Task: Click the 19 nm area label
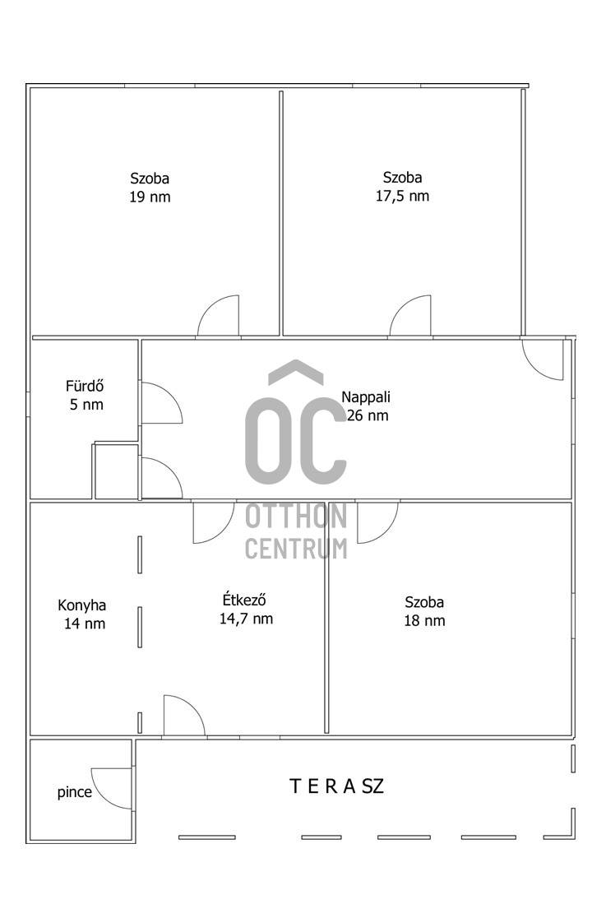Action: (x=150, y=197)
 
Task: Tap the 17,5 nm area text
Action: (x=402, y=196)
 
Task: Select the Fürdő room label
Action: (x=85, y=386)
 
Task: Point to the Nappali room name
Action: (x=366, y=397)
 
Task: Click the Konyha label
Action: (x=82, y=605)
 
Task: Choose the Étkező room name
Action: (x=245, y=600)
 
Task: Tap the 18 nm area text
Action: (x=424, y=620)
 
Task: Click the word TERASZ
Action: (x=337, y=786)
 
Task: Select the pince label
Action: (x=74, y=792)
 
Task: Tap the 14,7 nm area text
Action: (x=246, y=619)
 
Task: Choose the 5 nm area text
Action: (x=86, y=405)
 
